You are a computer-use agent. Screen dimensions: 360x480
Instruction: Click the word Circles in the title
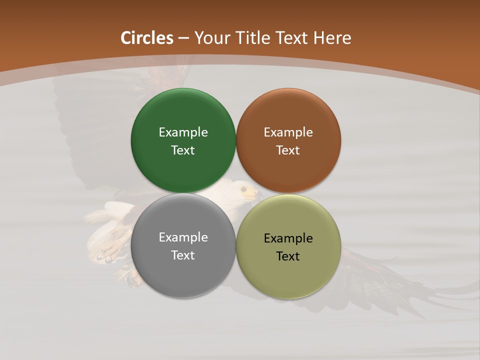click(147, 38)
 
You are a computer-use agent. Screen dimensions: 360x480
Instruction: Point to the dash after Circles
click(183, 39)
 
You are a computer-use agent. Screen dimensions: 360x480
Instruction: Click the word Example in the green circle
click(183, 132)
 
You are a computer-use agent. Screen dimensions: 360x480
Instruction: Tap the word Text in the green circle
click(183, 150)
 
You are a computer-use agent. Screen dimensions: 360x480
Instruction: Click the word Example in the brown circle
click(288, 132)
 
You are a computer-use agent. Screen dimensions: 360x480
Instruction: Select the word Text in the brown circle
click(288, 150)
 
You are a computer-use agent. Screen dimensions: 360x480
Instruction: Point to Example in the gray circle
click(183, 237)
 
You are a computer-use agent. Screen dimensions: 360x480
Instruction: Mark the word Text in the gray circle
click(183, 255)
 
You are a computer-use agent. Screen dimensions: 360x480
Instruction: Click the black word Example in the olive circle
click(288, 238)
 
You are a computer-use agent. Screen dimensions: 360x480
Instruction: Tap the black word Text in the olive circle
click(288, 256)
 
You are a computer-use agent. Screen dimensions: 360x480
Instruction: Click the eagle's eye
click(243, 189)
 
